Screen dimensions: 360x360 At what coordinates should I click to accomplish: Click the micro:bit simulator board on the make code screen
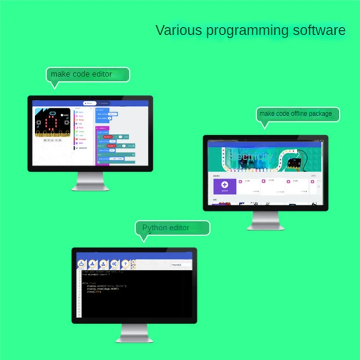pyautogui.click(x=53, y=123)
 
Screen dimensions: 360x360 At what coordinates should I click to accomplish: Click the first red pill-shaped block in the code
pyautogui.click(x=107, y=136)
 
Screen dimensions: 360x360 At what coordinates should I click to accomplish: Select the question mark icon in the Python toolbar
pyautogui.click(x=126, y=264)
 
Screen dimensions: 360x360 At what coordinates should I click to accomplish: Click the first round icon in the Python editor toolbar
pyautogui.click(x=81, y=264)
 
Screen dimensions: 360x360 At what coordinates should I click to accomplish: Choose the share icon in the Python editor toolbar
pyautogui.click(x=114, y=264)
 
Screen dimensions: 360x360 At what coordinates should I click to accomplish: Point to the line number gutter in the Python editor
pyautogui.click(x=80, y=292)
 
